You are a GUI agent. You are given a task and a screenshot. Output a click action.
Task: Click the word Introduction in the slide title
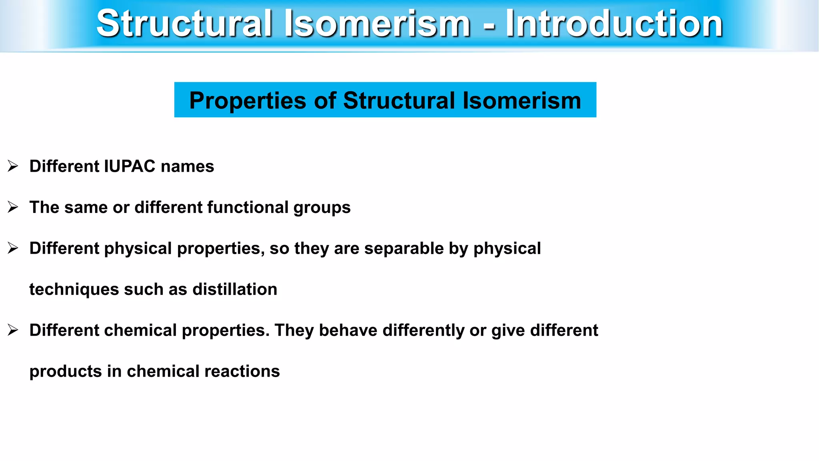pos(614,24)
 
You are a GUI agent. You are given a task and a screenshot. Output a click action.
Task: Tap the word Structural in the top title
pos(184,24)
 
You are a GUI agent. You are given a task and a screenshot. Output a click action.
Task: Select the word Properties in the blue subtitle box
pos(248,100)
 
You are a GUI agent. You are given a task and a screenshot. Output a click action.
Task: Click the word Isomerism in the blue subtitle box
pos(521,100)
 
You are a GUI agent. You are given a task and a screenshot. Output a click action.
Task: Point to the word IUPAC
pos(130,166)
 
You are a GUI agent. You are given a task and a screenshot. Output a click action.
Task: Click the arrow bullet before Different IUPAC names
pos(13,166)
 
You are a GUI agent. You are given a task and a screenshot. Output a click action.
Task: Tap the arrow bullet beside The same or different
pos(13,207)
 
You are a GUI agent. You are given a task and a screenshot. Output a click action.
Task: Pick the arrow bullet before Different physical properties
pos(13,249)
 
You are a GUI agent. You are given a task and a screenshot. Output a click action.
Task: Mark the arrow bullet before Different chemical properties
pos(13,331)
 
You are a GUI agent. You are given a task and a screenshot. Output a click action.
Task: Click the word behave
pos(348,331)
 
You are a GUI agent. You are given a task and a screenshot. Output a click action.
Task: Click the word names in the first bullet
pos(187,166)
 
